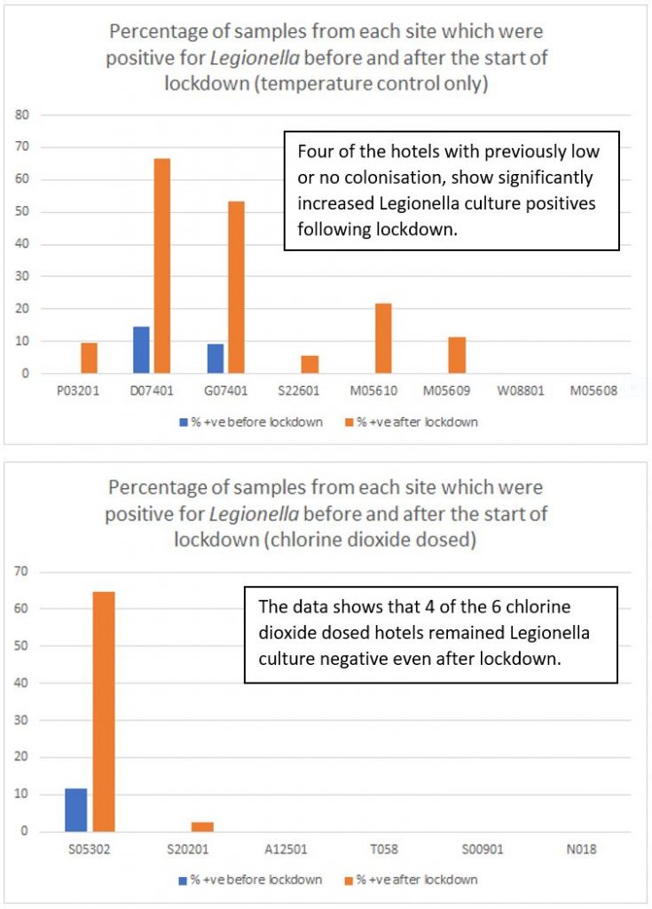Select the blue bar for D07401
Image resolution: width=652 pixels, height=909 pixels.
click(x=141, y=350)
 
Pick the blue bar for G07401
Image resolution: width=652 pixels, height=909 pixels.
click(x=215, y=359)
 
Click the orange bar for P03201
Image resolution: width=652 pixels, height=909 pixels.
click(x=89, y=358)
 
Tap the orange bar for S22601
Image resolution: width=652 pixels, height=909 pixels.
click(x=309, y=364)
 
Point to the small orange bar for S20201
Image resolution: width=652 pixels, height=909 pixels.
click(x=202, y=826)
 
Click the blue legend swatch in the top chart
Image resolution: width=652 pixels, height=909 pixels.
click(x=180, y=423)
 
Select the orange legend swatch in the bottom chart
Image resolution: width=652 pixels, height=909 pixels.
click(x=348, y=880)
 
